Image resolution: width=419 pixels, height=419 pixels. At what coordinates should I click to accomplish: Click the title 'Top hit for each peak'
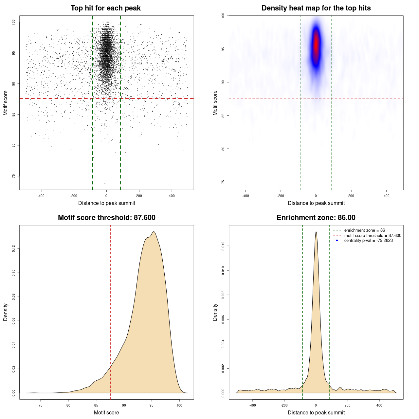105,8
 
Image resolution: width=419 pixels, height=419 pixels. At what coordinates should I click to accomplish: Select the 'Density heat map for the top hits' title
316,8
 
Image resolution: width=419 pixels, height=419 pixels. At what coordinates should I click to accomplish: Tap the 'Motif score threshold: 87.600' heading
106,218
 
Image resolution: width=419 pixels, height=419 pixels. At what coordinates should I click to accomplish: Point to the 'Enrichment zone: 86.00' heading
316,218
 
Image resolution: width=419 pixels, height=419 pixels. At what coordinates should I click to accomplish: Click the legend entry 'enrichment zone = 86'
364,230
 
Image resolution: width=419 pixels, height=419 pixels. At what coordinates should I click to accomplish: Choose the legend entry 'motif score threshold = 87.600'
373,235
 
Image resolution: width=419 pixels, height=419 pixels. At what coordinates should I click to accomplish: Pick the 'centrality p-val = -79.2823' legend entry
368,241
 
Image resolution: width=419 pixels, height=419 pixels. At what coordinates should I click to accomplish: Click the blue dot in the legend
337,241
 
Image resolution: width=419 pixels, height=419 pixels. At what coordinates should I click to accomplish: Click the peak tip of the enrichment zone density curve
316,232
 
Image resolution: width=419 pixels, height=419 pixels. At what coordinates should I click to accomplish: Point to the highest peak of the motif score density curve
154,232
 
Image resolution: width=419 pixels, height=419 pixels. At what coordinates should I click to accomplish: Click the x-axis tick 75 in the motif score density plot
41,406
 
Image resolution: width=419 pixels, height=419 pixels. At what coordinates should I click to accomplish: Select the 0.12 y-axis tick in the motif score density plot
14,249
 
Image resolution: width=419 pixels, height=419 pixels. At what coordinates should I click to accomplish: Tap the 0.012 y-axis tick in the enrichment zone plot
223,246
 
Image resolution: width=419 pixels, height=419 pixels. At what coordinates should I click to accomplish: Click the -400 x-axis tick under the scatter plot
41,196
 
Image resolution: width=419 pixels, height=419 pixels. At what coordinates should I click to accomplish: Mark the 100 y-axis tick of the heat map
223,15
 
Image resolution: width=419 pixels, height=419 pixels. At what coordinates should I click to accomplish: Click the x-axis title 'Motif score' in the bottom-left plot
106,412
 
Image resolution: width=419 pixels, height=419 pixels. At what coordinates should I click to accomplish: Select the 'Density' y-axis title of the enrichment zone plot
215,312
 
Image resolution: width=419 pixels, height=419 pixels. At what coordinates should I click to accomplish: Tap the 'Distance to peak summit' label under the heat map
316,203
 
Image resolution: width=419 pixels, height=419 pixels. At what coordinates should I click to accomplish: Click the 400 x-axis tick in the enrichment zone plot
379,406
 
